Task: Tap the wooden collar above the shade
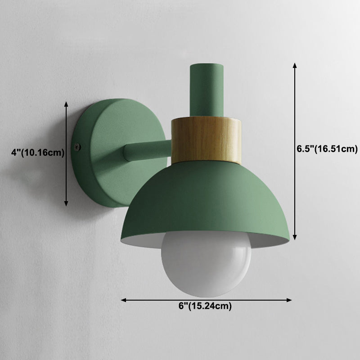tap(206, 139)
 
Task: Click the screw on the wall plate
tap(80, 146)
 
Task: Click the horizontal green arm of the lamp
tap(146, 151)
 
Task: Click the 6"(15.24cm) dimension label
tap(205, 307)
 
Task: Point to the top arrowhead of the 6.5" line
tap(295, 65)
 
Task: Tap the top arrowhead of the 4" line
tap(66, 104)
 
